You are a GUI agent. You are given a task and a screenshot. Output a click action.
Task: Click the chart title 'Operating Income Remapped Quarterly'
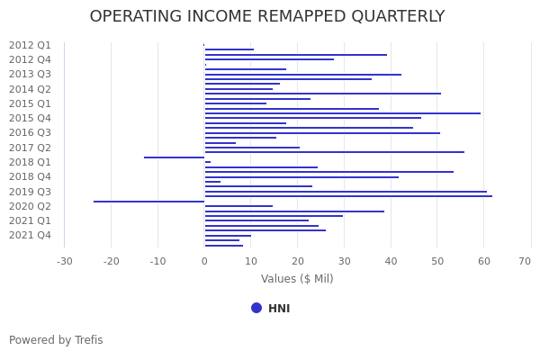click(267, 17)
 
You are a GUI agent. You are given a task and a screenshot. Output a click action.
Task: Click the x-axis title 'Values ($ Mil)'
click(297, 279)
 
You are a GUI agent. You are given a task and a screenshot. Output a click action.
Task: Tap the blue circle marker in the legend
click(256, 308)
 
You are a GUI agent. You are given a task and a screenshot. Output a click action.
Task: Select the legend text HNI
click(279, 309)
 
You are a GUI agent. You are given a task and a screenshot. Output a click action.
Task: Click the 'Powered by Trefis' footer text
click(56, 340)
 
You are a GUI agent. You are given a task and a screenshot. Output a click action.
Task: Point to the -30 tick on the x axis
click(65, 262)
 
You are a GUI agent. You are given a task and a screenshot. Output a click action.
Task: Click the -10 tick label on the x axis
click(157, 262)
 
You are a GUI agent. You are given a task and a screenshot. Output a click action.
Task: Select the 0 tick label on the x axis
click(204, 262)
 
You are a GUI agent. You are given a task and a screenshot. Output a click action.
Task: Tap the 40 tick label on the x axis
click(391, 262)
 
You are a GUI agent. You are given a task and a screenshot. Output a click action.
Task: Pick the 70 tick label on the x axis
click(525, 262)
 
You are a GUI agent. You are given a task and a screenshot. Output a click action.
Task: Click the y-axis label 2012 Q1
click(30, 45)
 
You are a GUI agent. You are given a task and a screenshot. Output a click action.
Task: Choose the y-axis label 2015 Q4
click(30, 118)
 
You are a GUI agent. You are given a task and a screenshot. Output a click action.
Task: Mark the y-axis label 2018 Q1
click(30, 162)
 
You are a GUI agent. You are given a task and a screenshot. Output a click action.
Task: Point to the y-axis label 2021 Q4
click(30, 235)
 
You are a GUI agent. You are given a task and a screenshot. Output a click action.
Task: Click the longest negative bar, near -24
click(148, 202)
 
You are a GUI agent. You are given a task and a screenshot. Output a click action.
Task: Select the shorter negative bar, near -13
click(174, 157)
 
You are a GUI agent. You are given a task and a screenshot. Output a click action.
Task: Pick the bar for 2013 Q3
click(302, 75)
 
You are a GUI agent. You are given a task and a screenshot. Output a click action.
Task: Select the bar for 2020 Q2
click(238, 206)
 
